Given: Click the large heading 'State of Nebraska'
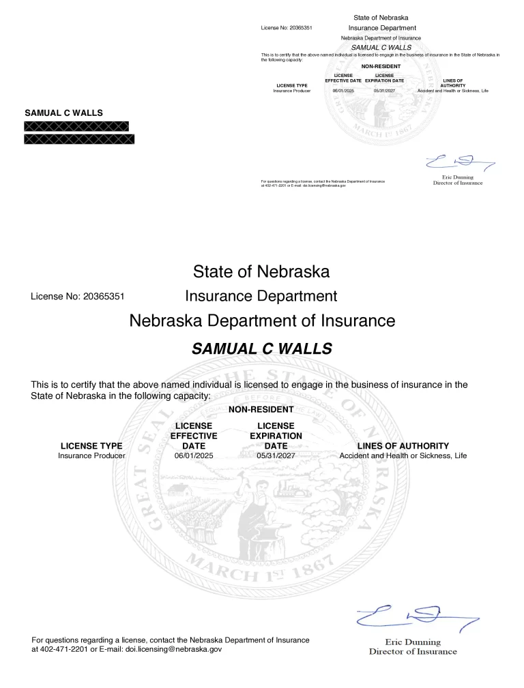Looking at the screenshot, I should (261, 272).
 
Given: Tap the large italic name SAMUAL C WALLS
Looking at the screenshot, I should (261, 349).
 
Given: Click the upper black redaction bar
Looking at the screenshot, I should (76, 126).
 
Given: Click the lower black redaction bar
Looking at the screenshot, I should (79, 139).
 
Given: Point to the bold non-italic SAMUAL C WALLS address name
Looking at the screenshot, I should (64, 113).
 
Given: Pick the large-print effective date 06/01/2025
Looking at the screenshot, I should (194, 455).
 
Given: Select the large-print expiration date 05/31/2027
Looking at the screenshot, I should (276, 455).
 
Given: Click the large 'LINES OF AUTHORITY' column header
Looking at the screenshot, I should (403, 446).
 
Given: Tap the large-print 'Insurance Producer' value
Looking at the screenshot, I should (91, 455).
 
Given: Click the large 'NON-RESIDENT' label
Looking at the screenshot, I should (261, 410).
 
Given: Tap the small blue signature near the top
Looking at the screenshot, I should (458, 162).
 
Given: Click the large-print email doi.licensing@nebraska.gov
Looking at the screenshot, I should (174, 650).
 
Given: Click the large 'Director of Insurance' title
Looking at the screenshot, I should (413, 651).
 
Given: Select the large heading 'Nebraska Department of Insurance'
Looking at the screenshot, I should (262, 320).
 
